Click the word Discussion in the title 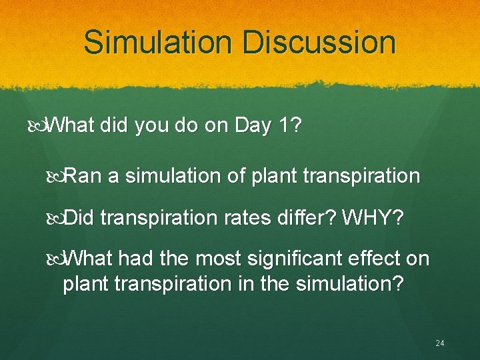point(319,42)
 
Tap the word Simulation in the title point(158,42)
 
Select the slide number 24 point(439,343)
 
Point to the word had point(145,259)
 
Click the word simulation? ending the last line point(355,283)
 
